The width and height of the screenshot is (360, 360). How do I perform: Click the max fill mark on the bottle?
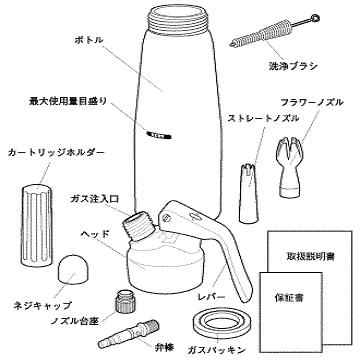pos(159,130)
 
